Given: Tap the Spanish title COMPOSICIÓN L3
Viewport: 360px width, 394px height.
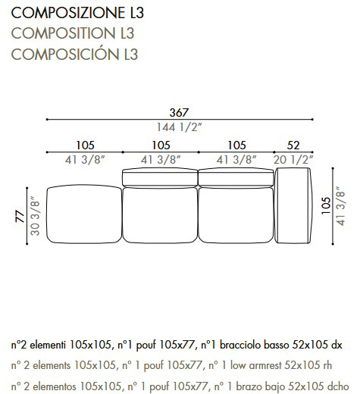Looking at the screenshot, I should (74, 54).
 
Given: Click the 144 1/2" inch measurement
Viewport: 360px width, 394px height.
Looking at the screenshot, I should (179, 127).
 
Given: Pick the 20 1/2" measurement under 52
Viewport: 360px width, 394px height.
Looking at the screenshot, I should (293, 159).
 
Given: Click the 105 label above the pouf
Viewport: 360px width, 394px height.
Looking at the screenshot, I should (85, 145).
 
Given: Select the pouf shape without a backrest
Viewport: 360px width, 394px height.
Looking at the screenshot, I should (84, 215).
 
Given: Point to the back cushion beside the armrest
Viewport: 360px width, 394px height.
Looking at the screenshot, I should (235, 177).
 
